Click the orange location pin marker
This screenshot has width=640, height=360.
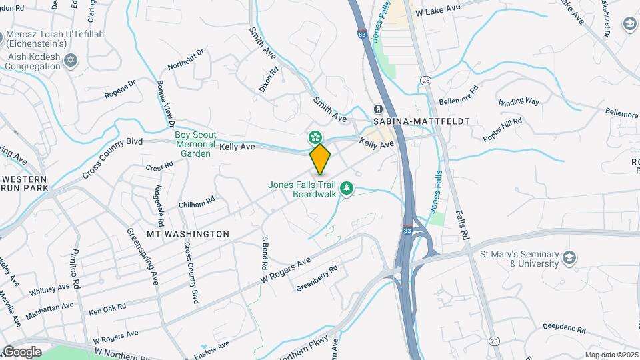click(x=320, y=159)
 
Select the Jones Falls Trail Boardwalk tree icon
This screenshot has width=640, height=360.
click(x=346, y=189)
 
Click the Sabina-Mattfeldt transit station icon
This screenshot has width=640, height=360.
click(x=378, y=109)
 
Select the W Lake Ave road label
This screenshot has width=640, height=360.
click(x=437, y=11)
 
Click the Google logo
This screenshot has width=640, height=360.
click(x=22, y=351)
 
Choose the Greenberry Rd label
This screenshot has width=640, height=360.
click(x=317, y=278)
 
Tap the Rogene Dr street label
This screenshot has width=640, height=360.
click(x=119, y=89)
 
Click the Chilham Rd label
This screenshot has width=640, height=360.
click(x=196, y=202)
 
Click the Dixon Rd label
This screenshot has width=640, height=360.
click(x=267, y=79)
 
